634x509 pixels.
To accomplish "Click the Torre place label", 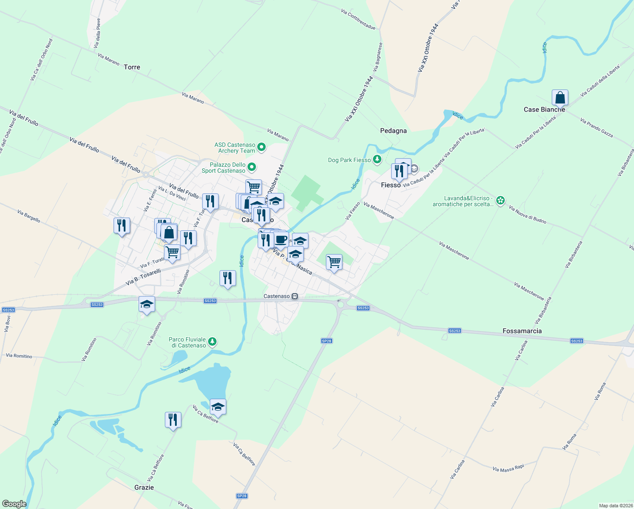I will click(x=132, y=67).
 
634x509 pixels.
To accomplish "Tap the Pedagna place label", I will click(x=393, y=131).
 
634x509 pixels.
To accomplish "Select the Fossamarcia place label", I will click(x=522, y=331).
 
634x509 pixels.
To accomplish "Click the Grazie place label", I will click(x=144, y=487).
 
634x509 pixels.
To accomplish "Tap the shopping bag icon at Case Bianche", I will click(x=560, y=98).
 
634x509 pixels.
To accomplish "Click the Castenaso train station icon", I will click(x=295, y=296).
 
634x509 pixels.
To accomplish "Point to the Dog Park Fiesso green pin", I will click(x=377, y=159).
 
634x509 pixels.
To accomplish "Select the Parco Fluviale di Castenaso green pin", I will click(x=213, y=342).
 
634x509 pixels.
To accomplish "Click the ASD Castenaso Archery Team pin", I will click(x=261, y=147).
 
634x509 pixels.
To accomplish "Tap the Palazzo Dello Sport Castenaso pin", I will click(x=252, y=167).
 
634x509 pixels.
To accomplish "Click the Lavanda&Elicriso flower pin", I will click(x=501, y=201).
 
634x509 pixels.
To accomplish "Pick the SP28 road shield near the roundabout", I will click(x=326, y=341).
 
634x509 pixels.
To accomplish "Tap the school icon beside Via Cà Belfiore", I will click(x=218, y=407).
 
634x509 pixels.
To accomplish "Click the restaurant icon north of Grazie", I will click(x=173, y=420).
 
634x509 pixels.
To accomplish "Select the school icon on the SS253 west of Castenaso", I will click(x=147, y=304).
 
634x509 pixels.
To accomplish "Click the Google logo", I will click(x=14, y=504).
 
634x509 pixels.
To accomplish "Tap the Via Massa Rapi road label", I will click(x=508, y=468).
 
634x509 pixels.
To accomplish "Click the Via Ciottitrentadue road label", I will click(x=358, y=19).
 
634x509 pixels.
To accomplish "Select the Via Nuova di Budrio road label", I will click(x=527, y=215).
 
